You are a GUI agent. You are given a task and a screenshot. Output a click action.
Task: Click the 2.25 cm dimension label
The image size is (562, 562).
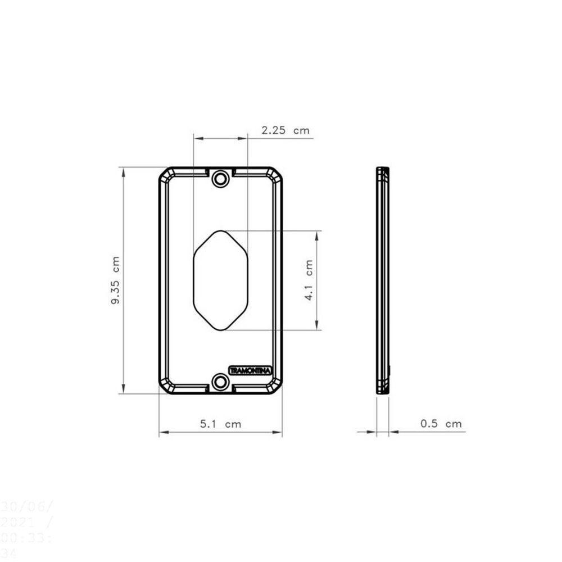click(285, 130)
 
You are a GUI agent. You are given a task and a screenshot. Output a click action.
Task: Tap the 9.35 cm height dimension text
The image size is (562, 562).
click(115, 280)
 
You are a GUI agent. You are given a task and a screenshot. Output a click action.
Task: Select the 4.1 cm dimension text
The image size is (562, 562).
click(309, 280)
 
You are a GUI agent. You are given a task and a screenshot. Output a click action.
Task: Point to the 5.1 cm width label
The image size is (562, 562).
click(220, 424)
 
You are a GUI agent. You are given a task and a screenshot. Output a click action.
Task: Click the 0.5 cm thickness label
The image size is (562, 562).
click(441, 424)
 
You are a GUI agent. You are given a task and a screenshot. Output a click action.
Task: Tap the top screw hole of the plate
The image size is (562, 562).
click(220, 179)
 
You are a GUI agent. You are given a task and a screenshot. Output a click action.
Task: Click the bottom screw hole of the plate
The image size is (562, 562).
click(220, 382)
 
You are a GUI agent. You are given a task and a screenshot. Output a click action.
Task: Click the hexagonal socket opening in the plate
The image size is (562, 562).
click(220, 280)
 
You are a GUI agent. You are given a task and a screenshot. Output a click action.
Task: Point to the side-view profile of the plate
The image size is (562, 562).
click(383, 280)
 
